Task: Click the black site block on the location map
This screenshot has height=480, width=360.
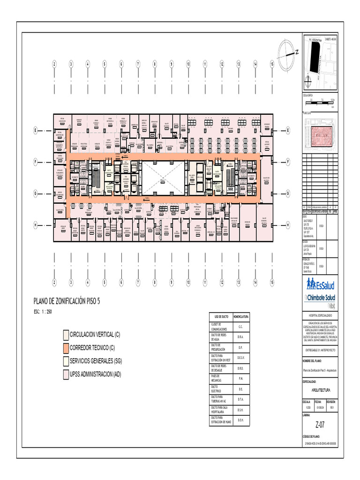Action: [313, 57]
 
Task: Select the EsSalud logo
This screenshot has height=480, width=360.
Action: [323, 284]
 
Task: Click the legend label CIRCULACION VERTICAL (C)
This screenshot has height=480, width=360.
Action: [95, 335]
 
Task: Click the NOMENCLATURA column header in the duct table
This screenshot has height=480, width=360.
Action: [240, 317]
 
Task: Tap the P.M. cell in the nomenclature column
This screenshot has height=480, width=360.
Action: [240, 378]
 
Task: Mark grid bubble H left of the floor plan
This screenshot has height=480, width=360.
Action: [35, 225]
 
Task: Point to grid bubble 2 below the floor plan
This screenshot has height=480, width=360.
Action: [54, 283]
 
